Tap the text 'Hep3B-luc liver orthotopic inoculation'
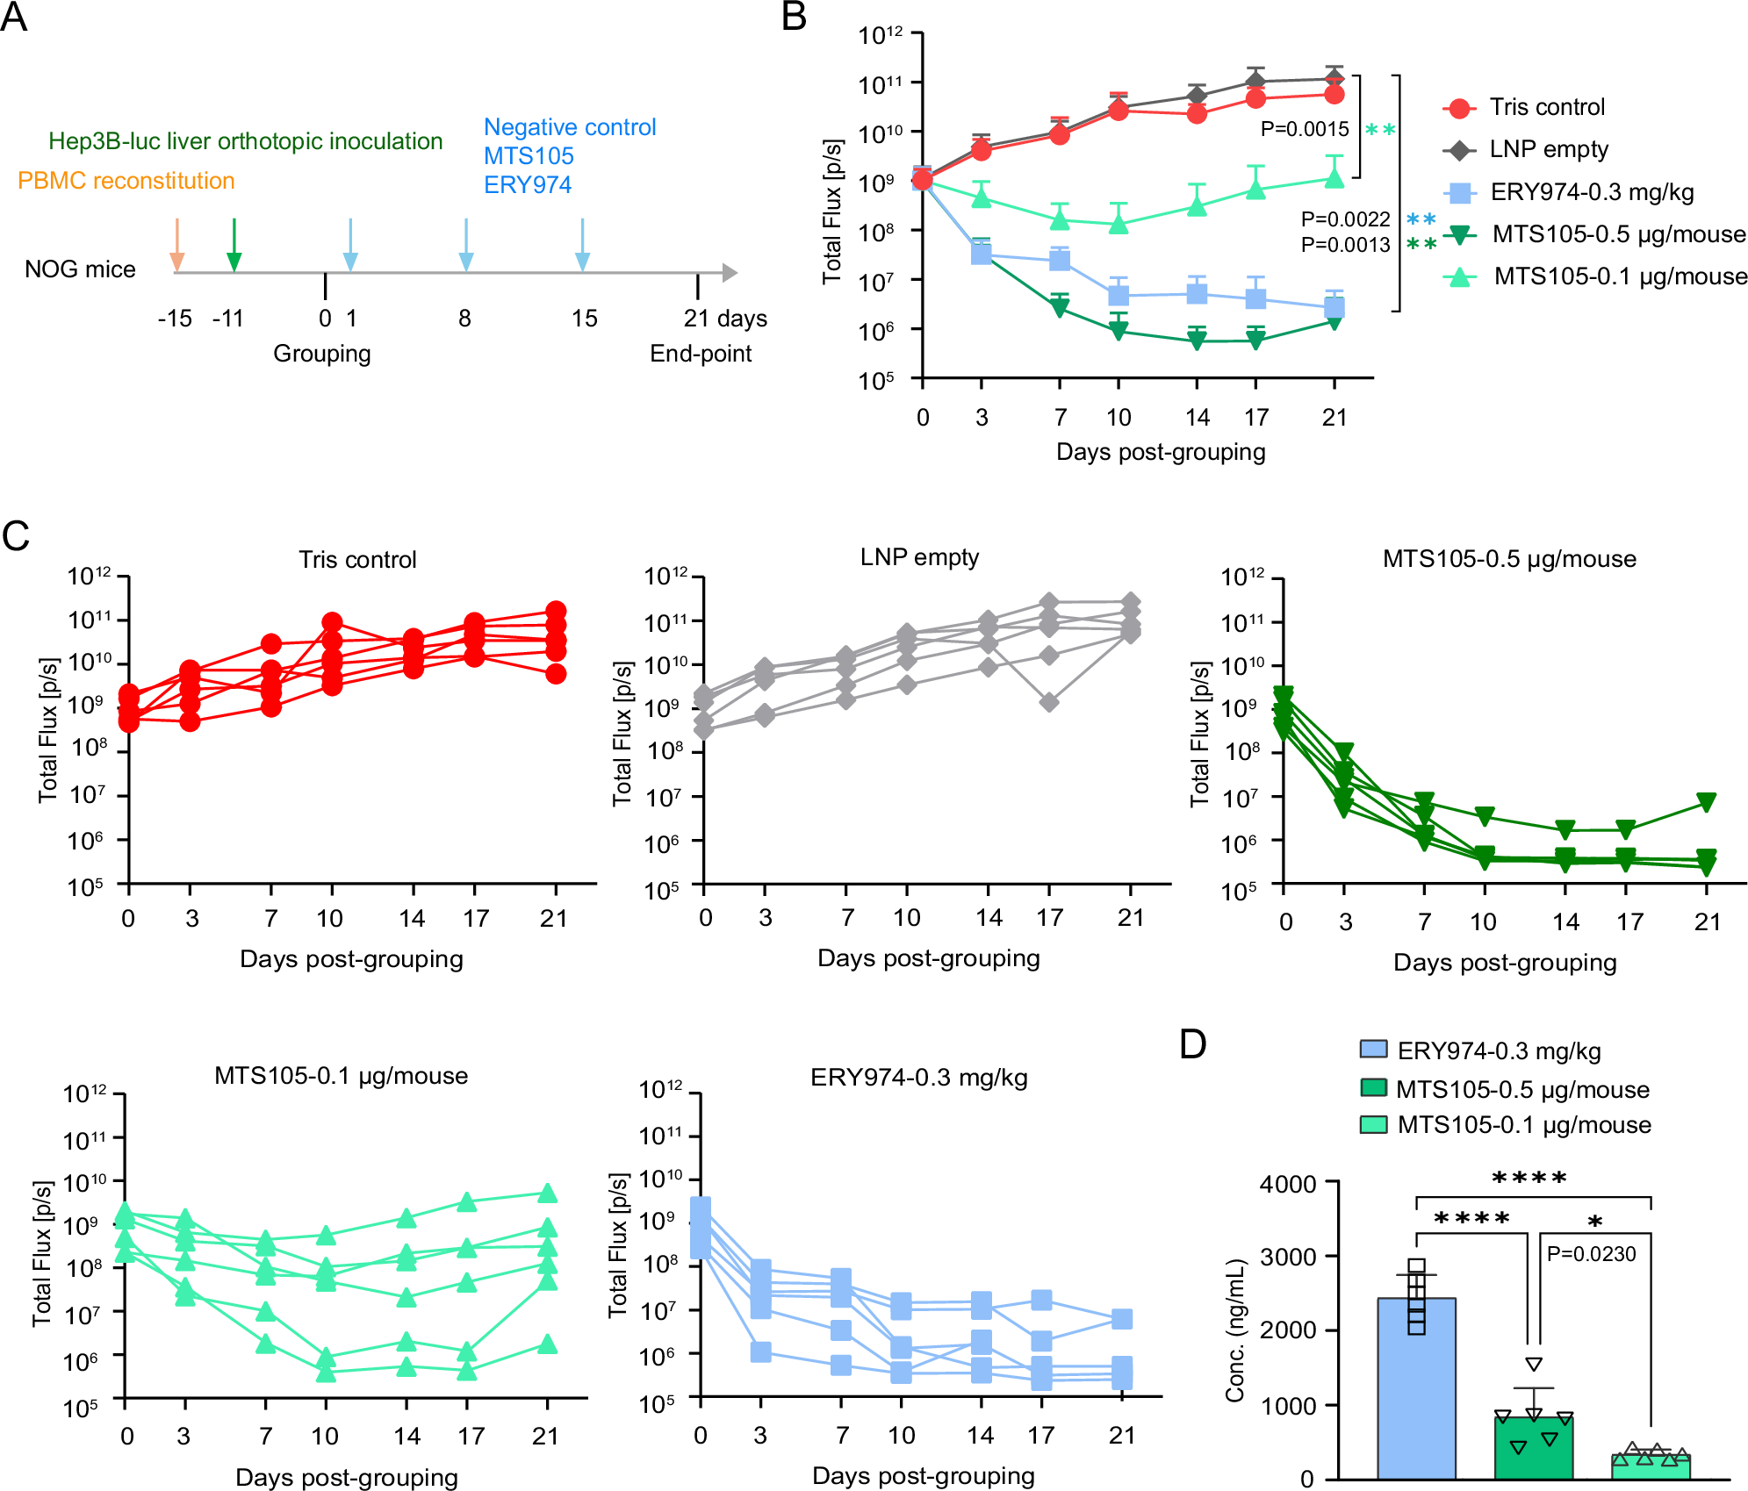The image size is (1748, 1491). pyautogui.click(x=245, y=141)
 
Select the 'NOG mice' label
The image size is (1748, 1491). pyautogui.click(x=80, y=269)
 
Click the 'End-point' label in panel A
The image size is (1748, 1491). pyautogui.click(x=701, y=354)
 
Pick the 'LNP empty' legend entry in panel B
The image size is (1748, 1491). pyautogui.click(x=1548, y=149)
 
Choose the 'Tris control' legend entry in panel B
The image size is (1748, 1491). pyautogui.click(x=1546, y=107)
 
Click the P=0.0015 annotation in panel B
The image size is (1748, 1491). pyautogui.click(x=1305, y=129)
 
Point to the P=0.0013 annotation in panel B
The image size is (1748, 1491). pyautogui.click(x=1345, y=245)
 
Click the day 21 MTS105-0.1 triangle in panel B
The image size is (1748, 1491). pyautogui.click(x=1334, y=178)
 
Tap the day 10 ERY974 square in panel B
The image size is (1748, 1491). pyautogui.click(x=1118, y=295)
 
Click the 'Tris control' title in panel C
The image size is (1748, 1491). pyautogui.click(x=357, y=560)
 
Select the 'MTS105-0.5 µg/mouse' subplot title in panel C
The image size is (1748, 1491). pyautogui.click(x=1509, y=559)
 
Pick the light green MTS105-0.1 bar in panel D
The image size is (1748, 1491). pyautogui.click(x=1651, y=1466)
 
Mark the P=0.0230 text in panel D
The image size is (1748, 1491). pyautogui.click(x=1591, y=1254)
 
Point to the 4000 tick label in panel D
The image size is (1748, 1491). pyautogui.click(x=1288, y=1184)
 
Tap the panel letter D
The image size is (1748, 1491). pyautogui.click(x=1193, y=1044)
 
